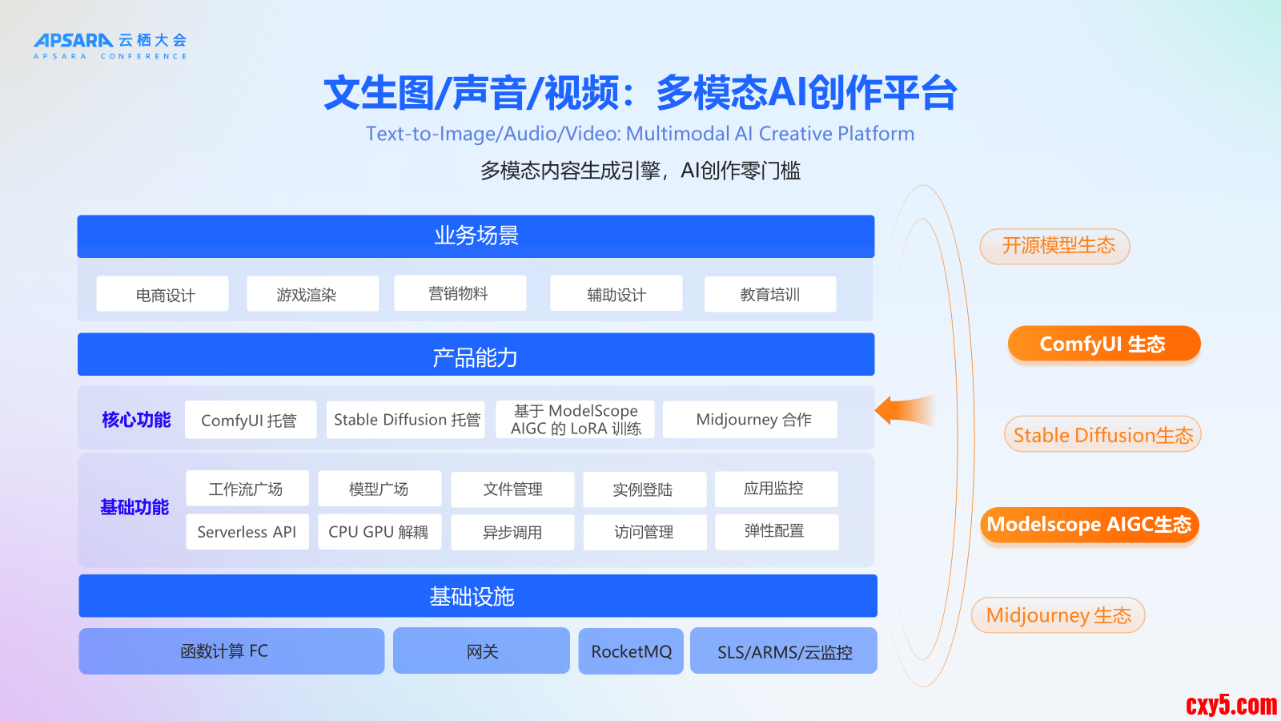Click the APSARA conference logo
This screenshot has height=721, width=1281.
110,46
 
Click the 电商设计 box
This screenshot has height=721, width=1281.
163,294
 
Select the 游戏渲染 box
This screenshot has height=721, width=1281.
313,294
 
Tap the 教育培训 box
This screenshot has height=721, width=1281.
770,294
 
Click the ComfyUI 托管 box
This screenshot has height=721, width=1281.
251,420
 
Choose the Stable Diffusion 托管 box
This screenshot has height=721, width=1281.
405,420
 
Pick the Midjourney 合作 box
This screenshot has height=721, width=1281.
750,420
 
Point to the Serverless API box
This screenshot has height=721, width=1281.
247,532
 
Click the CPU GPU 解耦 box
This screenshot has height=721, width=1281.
379,532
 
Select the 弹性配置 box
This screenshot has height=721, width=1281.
777,532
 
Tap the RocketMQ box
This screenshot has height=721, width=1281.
631,651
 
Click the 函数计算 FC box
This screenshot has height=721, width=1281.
231,651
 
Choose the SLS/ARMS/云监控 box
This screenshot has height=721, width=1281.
784,651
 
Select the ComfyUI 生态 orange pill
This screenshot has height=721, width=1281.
1104,344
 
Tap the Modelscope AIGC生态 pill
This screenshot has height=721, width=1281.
1090,525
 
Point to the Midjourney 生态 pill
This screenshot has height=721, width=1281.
1058,615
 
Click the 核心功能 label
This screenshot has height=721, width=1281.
136,420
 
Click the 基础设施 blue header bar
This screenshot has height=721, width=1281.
478,596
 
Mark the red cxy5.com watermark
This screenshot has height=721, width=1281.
1231,705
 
